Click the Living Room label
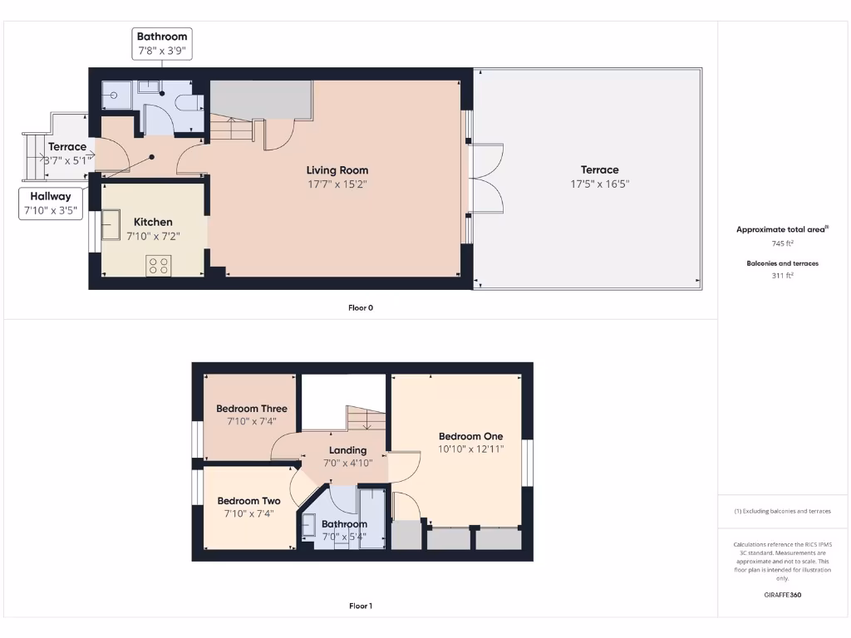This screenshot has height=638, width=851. click(337, 170)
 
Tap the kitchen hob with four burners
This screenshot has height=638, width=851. click(159, 265)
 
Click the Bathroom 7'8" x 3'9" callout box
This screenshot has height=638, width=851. click(162, 44)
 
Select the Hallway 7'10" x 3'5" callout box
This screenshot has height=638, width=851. click(51, 204)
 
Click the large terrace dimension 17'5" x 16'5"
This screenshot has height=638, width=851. click(599, 184)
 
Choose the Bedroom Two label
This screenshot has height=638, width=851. click(248, 501)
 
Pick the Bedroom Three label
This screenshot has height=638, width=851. click(252, 409)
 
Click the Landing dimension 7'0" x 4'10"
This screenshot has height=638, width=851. click(347, 464)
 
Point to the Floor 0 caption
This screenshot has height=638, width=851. click(361, 307)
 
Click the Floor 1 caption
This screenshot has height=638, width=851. click(361, 606)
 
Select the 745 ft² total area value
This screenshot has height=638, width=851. click(782, 243)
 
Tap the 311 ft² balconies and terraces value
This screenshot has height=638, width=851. click(782, 275)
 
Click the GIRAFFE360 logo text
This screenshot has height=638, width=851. click(782, 595)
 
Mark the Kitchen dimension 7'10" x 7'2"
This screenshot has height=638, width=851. click(153, 236)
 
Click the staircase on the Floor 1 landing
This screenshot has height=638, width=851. click(366, 419)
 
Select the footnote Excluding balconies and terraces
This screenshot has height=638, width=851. click(782, 511)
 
